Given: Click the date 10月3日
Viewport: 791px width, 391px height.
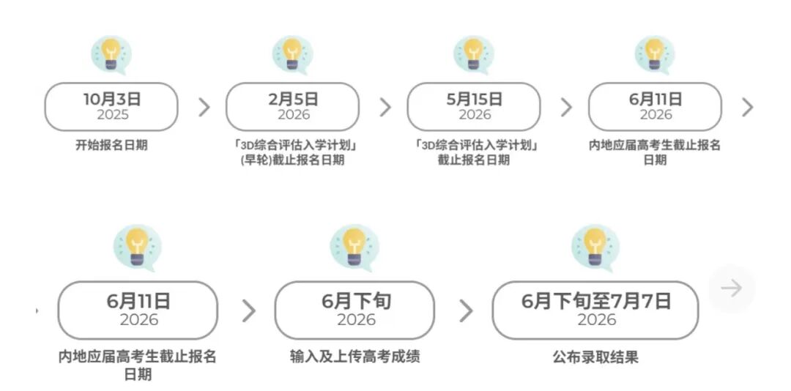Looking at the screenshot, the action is pyautogui.click(x=111, y=99).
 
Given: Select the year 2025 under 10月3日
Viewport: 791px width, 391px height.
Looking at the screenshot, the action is pyautogui.click(x=111, y=115).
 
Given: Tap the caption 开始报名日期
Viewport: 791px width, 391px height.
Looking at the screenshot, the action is pyautogui.click(x=111, y=145).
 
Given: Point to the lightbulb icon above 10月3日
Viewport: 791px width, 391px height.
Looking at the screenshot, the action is pyautogui.click(x=111, y=53).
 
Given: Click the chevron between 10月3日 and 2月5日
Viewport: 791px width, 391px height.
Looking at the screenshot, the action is pyautogui.click(x=204, y=107).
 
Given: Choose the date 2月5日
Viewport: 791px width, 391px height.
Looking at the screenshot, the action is pyautogui.click(x=293, y=99).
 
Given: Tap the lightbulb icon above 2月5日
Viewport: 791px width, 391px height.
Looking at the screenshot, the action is pyautogui.click(x=292, y=53).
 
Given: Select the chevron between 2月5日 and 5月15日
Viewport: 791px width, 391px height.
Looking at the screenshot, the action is pyautogui.click(x=385, y=107).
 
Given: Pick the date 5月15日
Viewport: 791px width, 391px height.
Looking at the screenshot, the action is pyautogui.click(x=474, y=99).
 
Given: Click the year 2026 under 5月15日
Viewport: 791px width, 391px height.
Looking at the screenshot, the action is pyautogui.click(x=474, y=115).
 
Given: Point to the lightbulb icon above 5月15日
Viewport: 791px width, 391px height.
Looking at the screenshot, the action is pyautogui.click(x=473, y=53).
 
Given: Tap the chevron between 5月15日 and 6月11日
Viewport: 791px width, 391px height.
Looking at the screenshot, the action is pyautogui.click(x=566, y=107).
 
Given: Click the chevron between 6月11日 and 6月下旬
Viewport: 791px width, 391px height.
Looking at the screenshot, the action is pyautogui.click(x=249, y=311).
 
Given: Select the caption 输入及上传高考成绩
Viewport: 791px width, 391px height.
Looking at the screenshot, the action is pyautogui.click(x=354, y=357).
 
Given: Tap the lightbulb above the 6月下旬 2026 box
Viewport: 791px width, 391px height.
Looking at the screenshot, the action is pyautogui.click(x=354, y=247).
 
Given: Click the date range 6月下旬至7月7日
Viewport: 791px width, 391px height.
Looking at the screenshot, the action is pyautogui.click(x=595, y=301).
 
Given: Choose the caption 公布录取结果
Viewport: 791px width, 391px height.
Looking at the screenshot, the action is pyautogui.click(x=595, y=357).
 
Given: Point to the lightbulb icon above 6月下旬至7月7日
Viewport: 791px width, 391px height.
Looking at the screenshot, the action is pyautogui.click(x=595, y=247).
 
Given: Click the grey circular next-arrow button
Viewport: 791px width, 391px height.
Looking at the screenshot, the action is pyautogui.click(x=731, y=288).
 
